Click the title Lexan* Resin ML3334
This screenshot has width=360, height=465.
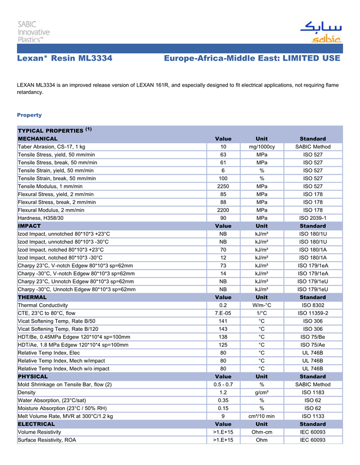click(x=65, y=59)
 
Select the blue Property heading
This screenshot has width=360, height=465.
click(x=29, y=115)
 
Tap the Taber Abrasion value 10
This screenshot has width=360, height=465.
click(x=223, y=147)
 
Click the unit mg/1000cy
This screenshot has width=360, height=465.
click(x=261, y=147)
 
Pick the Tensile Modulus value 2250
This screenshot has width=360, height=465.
click(x=223, y=186)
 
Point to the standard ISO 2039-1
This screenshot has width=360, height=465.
click(x=313, y=218)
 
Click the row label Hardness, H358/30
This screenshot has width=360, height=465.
click(x=41, y=218)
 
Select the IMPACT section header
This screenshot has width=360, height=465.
click(x=30, y=226)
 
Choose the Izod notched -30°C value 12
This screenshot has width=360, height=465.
click(x=223, y=257)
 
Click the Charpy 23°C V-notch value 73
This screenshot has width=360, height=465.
click(x=223, y=266)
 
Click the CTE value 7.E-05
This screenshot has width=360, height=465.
click(x=223, y=313)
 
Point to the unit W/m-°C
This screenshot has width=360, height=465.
click(x=261, y=305)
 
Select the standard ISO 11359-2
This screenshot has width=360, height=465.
click(x=313, y=313)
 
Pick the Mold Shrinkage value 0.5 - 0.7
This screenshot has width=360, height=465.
click(x=223, y=384)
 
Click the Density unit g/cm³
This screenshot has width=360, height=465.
click(x=261, y=393)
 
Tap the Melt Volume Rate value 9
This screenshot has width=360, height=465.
click(x=223, y=416)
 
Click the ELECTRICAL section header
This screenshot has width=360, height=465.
click(x=36, y=424)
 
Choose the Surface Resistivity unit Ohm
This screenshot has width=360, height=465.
click(x=261, y=440)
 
